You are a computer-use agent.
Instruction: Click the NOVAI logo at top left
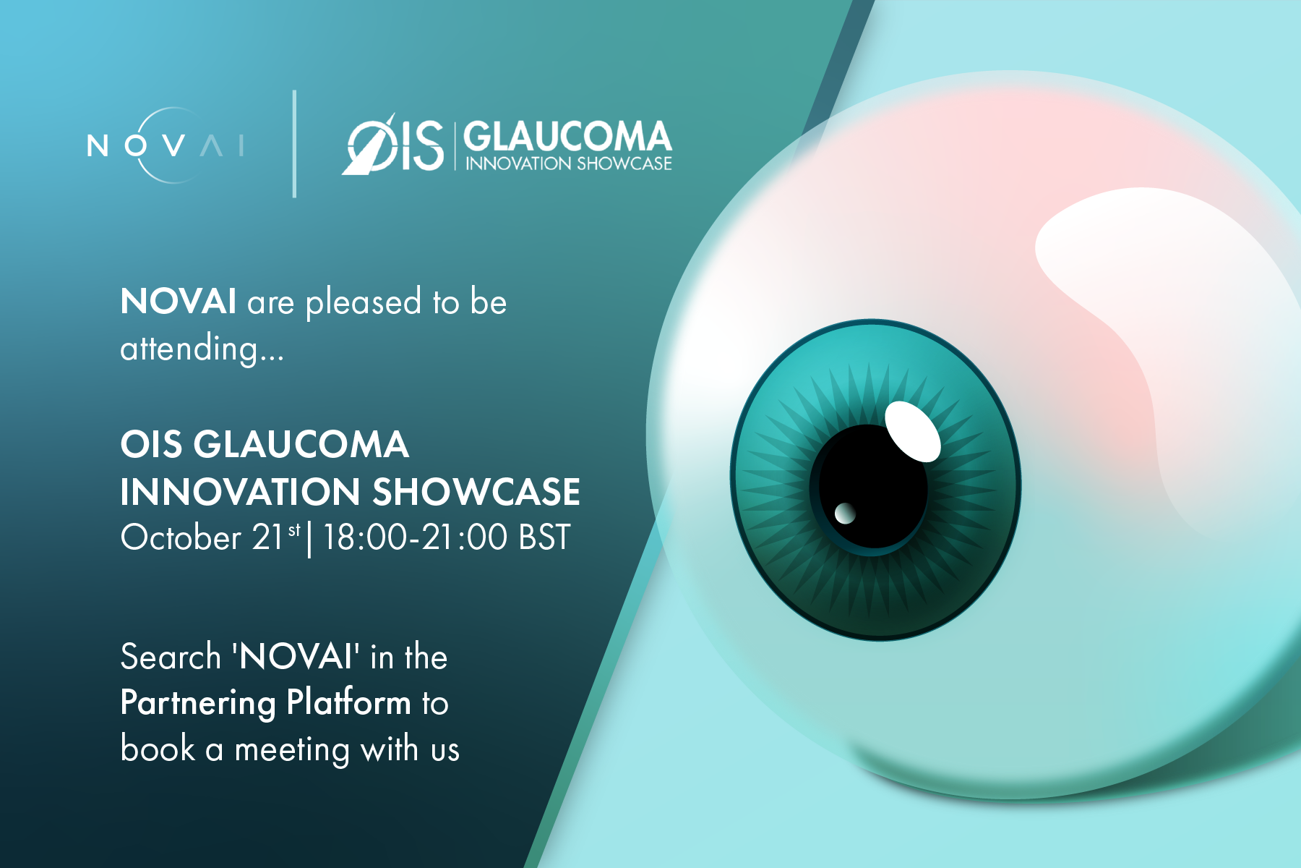click(166, 145)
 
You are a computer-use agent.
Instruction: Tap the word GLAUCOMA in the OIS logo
click(567, 137)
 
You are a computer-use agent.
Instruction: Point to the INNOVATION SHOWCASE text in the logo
click(568, 163)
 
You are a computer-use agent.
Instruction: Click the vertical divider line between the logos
click(294, 144)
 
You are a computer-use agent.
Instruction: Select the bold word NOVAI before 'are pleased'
click(178, 301)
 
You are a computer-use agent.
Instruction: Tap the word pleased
click(364, 302)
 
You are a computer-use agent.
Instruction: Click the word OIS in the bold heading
click(151, 443)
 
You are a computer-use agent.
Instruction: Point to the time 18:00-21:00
click(415, 537)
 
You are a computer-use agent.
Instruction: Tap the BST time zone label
click(544, 537)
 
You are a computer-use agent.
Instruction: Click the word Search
click(171, 657)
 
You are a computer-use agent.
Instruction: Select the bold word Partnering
click(198, 703)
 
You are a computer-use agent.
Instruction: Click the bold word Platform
click(348, 702)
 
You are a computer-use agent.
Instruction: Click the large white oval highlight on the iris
click(913, 431)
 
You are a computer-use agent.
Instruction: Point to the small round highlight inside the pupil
click(845, 514)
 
